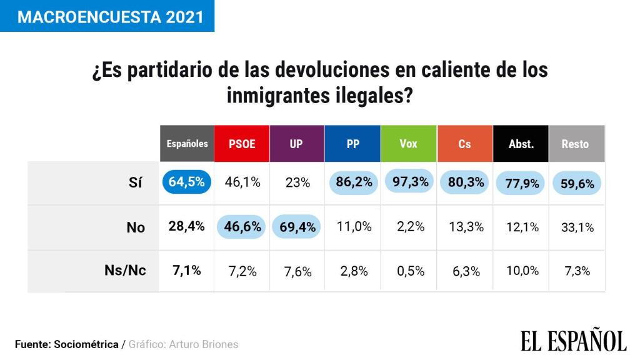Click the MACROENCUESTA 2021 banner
pos(107,16)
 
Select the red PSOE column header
pos(242,144)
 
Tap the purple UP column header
pos(296,144)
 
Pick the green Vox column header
pos(408,144)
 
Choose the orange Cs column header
pos(464,144)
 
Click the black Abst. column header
pos(521,144)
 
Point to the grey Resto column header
pos(575,144)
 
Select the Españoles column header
pos(187,144)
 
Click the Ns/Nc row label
pos(125,271)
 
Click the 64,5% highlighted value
pos(187,182)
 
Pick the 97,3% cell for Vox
pos(409,182)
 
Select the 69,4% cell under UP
pos(297,227)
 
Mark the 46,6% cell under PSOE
pos(242,227)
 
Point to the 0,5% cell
pos(411,271)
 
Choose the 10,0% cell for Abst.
pos(522,271)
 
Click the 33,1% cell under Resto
pos(577,227)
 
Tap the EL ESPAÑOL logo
pos(573,341)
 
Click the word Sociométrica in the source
pos(86,344)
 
